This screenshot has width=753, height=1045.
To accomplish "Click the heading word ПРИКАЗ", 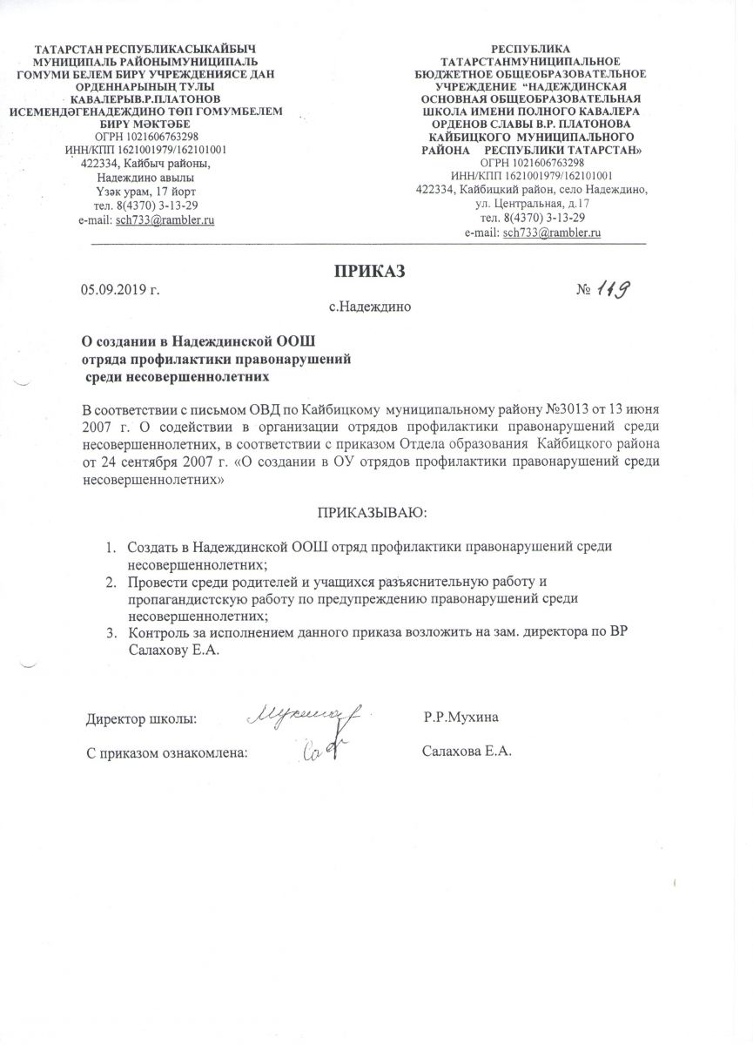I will tap(372, 270).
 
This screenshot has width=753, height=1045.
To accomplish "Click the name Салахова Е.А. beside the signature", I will tap(465, 751).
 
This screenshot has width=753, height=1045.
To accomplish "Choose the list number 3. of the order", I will tap(111, 633).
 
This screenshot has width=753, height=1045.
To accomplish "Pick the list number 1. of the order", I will tap(111, 548).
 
